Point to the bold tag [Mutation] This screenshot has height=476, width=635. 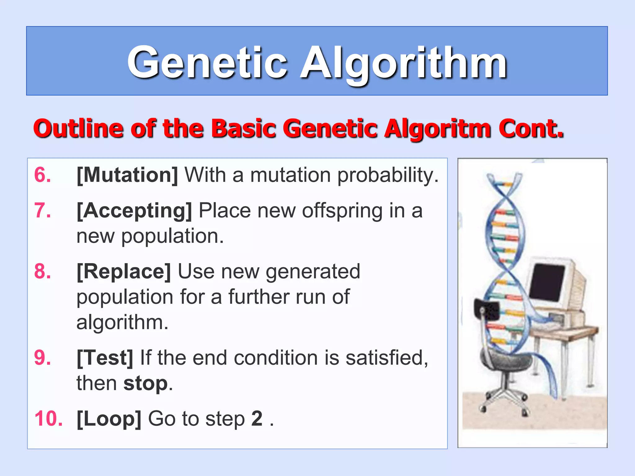(127, 175)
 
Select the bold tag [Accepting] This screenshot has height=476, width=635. (134, 211)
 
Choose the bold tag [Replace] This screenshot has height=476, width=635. (124, 271)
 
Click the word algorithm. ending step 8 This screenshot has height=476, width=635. (122, 323)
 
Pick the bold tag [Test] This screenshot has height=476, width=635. (105, 358)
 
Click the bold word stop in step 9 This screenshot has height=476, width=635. (145, 383)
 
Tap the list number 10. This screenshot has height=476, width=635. (48, 419)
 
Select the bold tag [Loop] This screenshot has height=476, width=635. (109, 419)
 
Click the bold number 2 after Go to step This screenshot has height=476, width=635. (257, 419)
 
